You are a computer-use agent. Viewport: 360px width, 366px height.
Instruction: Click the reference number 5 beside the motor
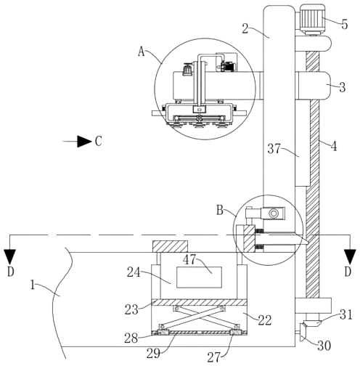pyautogui.click(x=345, y=24)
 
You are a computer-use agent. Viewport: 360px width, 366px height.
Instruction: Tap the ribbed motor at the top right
pyautogui.click(x=312, y=18)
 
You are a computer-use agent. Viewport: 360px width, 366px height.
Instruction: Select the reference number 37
pyautogui.click(x=274, y=148)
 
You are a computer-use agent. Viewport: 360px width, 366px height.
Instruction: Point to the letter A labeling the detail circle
pyautogui.click(x=142, y=52)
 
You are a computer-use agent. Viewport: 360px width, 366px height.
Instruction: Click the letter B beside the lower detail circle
pyautogui.click(x=220, y=211)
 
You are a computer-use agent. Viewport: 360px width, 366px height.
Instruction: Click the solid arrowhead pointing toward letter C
pyautogui.click(x=84, y=142)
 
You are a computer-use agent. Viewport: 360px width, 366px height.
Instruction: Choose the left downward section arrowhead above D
pyautogui.click(x=10, y=257)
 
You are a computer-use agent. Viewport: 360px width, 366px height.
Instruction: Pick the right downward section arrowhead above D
pyautogui.click(x=350, y=257)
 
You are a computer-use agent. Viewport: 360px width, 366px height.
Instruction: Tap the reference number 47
pyautogui.click(x=189, y=260)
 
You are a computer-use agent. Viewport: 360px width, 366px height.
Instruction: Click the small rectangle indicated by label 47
pyautogui.click(x=200, y=277)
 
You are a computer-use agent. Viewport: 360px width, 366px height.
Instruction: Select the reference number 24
pyautogui.click(x=134, y=272)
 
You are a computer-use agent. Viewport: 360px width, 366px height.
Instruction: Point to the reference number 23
pyautogui.click(x=131, y=309)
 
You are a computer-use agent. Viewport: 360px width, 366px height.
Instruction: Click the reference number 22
pyautogui.click(x=265, y=320)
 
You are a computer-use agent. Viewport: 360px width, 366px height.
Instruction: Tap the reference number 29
pyautogui.click(x=153, y=354)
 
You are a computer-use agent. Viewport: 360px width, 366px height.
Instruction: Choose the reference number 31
pyautogui.click(x=346, y=315)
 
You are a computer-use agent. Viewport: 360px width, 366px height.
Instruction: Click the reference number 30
pyautogui.click(x=324, y=346)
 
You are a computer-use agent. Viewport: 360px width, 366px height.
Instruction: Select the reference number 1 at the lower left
pyautogui.click(x=33, y=285)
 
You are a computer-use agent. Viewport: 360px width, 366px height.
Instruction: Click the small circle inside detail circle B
pyautogui.click(x=274, y=213)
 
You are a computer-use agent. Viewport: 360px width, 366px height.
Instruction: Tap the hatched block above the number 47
pyautogui.click(x=170, y=246)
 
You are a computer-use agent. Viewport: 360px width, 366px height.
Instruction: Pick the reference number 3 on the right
pyautogui.click(x=342, y=87)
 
